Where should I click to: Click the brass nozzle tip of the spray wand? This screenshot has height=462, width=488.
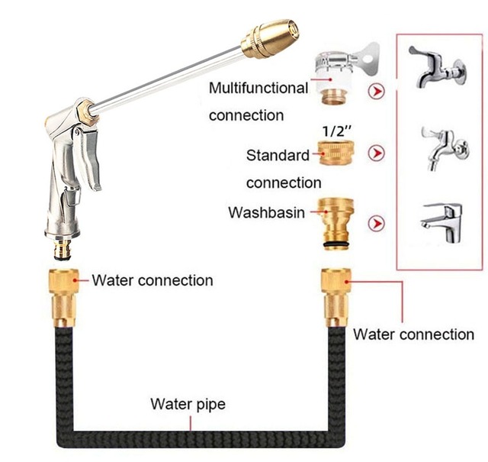(x=271, y=37)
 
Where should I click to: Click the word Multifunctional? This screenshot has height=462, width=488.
(x=258, y=88)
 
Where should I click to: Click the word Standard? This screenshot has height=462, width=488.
(x=278, y=155)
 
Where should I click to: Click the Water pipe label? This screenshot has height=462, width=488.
(x=188, y=403)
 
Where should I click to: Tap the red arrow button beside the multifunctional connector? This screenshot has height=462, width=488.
(x=375, y=92)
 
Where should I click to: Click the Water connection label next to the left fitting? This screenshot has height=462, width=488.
(x=152, y=280)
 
